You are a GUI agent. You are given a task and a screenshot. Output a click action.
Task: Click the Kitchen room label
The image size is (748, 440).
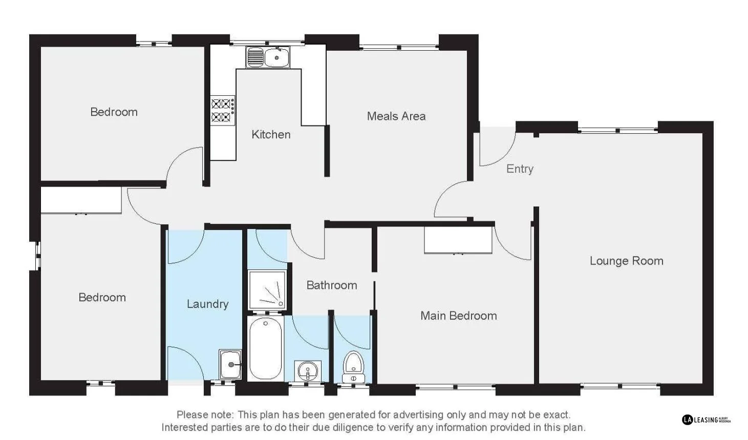(271, 134)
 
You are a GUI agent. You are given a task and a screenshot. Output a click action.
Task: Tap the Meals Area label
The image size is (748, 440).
(396, 116)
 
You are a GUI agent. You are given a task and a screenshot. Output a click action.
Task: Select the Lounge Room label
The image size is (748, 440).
(626, 261)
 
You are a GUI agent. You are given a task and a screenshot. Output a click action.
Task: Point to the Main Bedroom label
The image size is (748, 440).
(458, 316)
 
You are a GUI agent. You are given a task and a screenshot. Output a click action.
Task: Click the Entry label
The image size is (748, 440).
(520, 169)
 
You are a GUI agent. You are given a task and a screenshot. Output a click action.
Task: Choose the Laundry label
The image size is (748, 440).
(207, 304)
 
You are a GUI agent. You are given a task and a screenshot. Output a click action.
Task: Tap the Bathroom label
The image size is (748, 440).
(332, 285)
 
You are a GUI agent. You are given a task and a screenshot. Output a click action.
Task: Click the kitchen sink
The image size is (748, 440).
(268, 57)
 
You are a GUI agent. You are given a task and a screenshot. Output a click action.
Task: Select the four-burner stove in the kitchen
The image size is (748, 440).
(223, 110)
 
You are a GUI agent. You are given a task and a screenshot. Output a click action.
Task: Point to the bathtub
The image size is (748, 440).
(265, 348)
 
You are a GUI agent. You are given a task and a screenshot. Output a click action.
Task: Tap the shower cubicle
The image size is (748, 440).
(267, 290)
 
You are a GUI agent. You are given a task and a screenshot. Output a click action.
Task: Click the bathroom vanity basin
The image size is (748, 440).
(308, 370)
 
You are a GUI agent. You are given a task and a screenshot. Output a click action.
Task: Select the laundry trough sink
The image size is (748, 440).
(230, 364)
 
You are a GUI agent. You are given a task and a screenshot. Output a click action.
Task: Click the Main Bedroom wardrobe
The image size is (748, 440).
(458, 240)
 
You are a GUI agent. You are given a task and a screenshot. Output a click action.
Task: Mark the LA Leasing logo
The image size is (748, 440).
(706, 420)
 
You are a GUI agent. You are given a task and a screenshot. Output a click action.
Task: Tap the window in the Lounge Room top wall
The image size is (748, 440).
(617, 130)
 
